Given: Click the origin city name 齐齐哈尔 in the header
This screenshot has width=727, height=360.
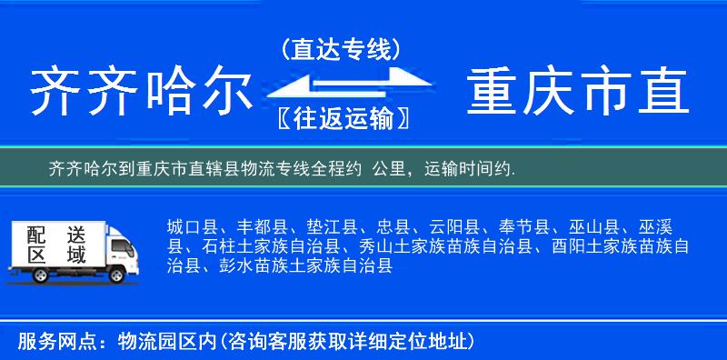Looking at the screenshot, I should pyautogui.click(x=140, y=92).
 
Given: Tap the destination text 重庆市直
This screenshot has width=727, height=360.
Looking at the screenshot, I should pyautogui.click(x=578, y=92).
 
